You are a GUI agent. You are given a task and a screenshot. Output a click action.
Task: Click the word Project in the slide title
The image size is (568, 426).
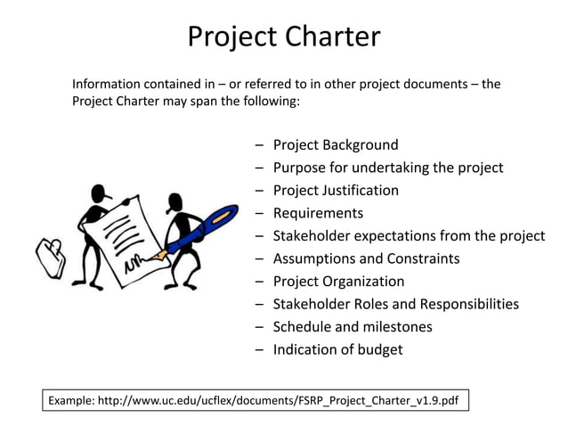click(232, 37)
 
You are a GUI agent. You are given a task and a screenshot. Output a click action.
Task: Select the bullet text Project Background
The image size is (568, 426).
click(336, 144)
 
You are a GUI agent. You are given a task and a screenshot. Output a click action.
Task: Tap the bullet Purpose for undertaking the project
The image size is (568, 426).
click(388, 168)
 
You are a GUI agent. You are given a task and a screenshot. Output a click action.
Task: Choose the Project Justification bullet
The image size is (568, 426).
click(336, 190)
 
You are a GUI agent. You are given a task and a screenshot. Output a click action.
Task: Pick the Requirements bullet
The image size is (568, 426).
click(318, 213)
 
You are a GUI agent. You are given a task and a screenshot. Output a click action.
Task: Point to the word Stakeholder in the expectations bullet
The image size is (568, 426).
click(312, 236)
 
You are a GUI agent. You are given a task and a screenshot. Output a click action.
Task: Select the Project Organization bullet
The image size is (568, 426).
click(338, 282)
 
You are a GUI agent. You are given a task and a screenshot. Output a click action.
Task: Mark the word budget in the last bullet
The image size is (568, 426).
click(379, 349)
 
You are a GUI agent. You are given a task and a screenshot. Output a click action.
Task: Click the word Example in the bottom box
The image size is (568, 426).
click(74, 400)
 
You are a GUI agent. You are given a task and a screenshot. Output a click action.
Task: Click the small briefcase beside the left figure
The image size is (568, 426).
click(49, 255)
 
